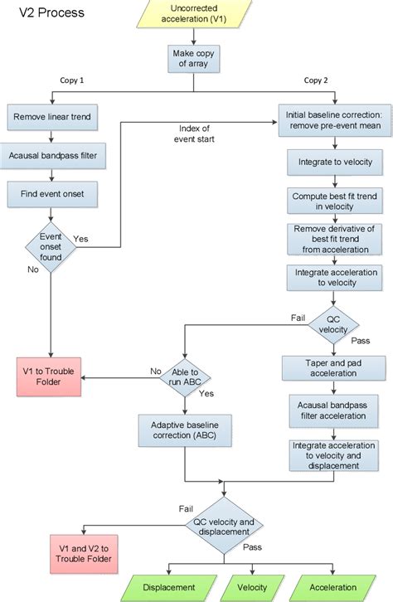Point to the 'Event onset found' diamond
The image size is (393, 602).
point(51,243)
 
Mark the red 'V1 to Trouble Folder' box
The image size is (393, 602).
point(51,378)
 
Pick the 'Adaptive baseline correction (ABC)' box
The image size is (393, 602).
point(186,430)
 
